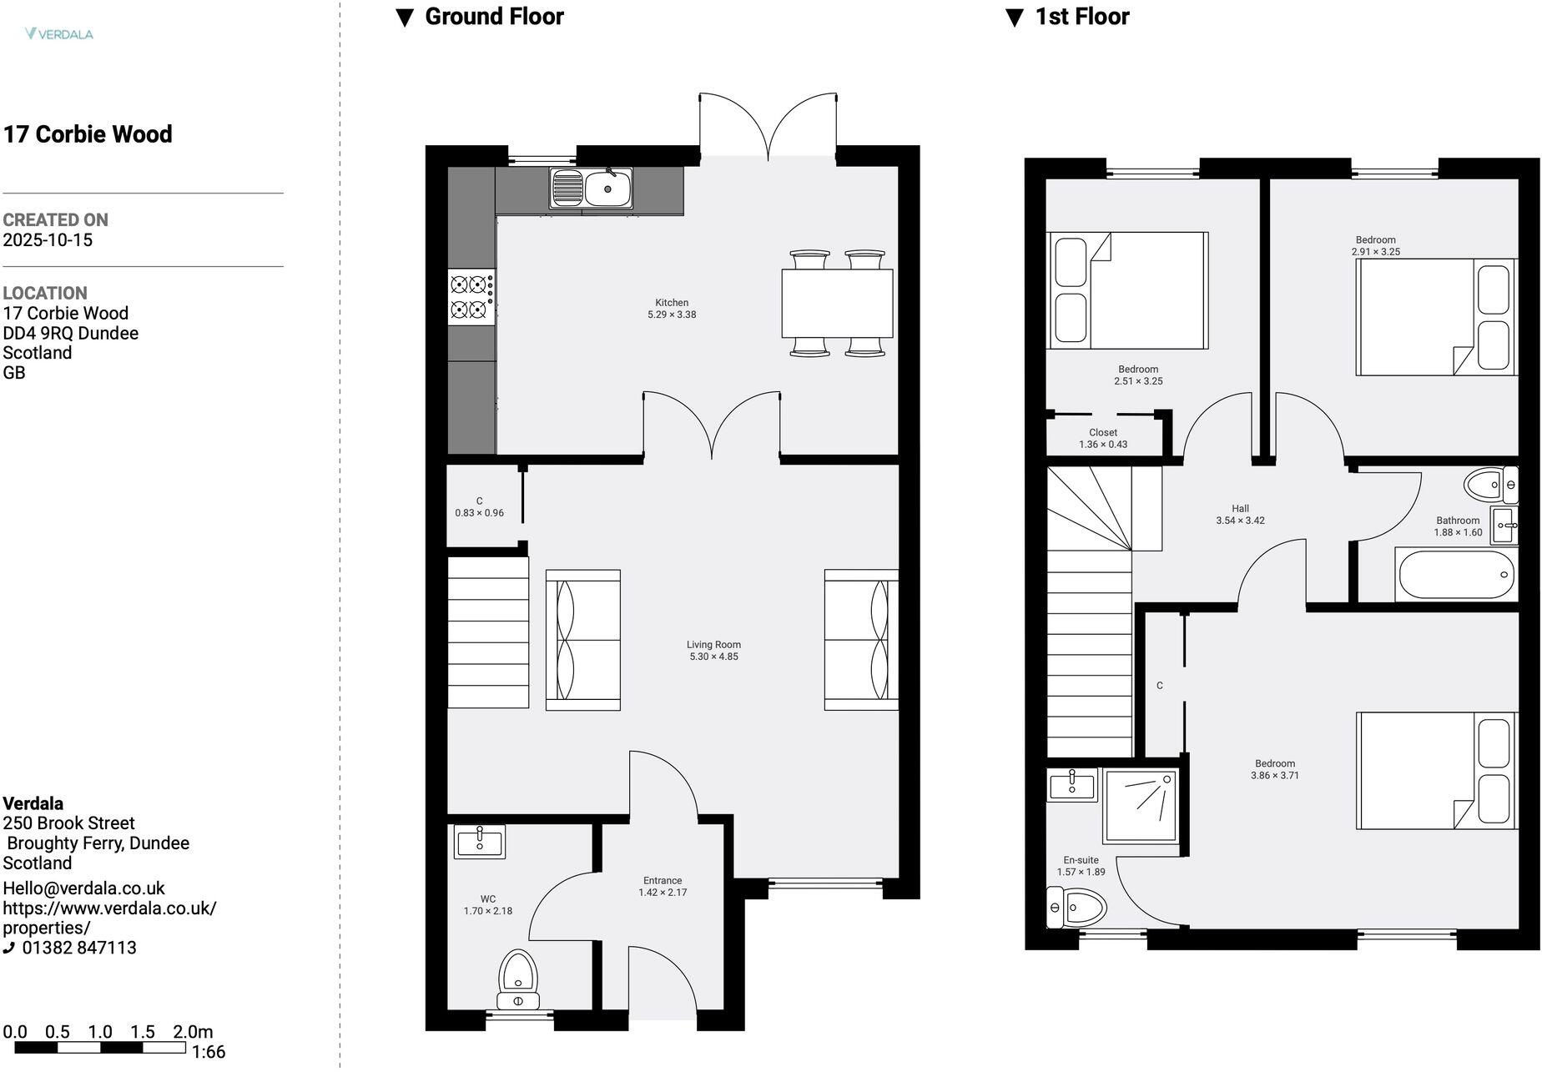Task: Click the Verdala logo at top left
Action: pos(59,34)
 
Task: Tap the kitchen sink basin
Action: pos(607,189)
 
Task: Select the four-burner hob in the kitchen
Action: pos(471,298)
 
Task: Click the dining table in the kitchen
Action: pos(837,303)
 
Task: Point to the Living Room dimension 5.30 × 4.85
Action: pos(713,657)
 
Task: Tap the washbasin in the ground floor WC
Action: pos(480,841)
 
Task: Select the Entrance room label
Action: pos(663,881)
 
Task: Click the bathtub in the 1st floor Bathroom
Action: pos(1455,575)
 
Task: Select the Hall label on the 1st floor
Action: pos(1240,509)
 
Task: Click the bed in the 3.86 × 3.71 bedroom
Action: pos(1435,770)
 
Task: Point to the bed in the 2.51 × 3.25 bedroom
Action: pos(1126,290)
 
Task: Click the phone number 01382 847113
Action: pos(79,948)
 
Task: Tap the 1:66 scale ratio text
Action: pos(208,1052)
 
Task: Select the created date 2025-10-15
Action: pos(48,240)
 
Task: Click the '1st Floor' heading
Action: pos(1081,17)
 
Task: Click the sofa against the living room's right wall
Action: pos(861,640)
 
